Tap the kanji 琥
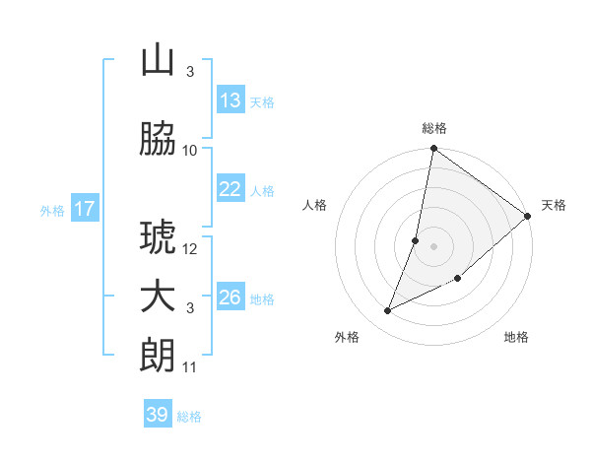(158, 239)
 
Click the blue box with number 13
(230, 100)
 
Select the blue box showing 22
(230, 189)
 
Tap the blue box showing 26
(230, 298)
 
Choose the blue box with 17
(85, 209)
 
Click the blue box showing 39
(158, 415)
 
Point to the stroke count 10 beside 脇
(190, 150)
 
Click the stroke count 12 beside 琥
(190, 249)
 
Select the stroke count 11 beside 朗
(190, 367)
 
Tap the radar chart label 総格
(434, 128)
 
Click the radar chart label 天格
(554, 205)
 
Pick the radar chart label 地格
(516, 338)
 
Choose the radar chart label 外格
(347, 338)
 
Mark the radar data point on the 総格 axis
(433, 149)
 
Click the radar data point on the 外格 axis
(387, 311)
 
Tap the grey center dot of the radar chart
(433, 246)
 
